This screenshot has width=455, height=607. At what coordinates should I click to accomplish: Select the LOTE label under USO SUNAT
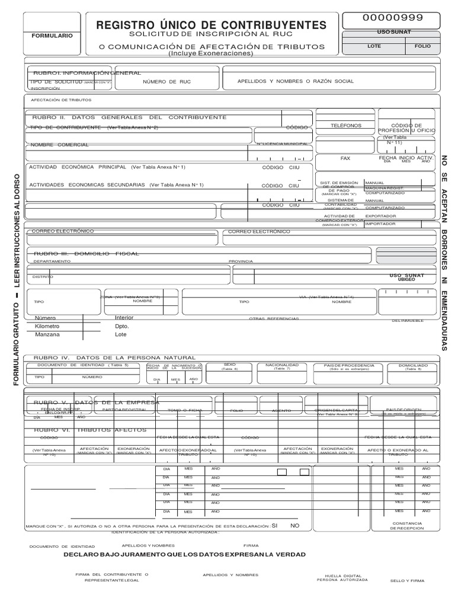click(374, 46)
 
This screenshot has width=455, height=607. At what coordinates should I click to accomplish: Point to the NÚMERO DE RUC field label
click(168, 81)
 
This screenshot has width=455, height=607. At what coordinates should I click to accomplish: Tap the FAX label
click(345, 159)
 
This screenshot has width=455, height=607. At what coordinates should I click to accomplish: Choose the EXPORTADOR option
click(380, 216)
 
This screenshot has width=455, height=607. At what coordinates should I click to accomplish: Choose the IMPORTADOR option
click(380, 224)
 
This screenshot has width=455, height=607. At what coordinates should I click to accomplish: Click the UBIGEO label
click(406, 279)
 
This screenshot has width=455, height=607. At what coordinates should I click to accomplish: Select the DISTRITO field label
click(43, 277)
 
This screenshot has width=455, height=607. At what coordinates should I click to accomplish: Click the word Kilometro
click(47, 326)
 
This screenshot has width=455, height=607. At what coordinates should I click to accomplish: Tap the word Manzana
click(47, 334)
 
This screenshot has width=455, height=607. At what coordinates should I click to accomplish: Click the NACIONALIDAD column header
click(281, 365)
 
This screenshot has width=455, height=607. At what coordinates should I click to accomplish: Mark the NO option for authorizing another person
click(295, 526)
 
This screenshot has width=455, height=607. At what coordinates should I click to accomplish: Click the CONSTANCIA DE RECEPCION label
click(406, 526)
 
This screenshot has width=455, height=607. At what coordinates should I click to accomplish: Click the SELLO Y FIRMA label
click(406, 580)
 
